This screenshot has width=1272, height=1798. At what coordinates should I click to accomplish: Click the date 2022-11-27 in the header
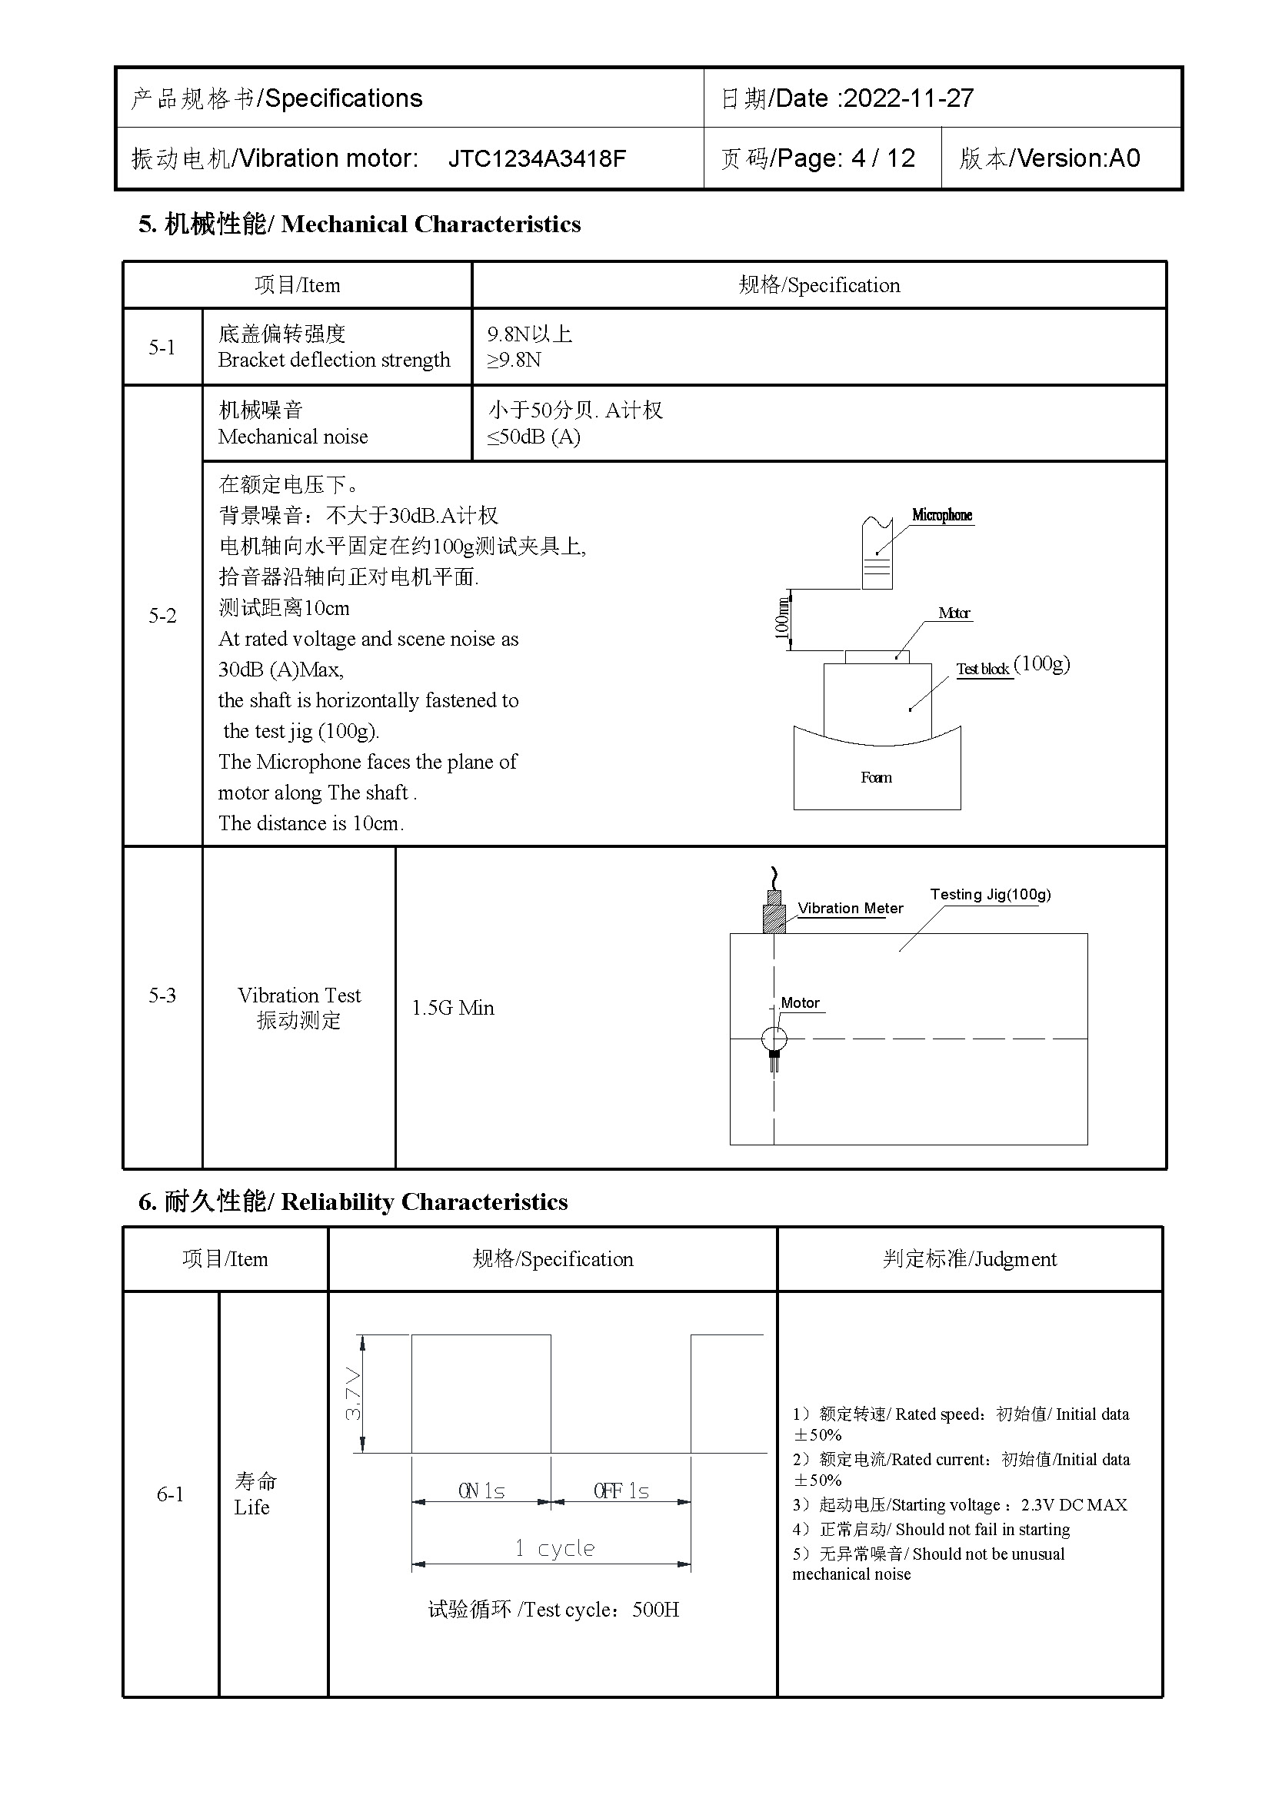coord(908,98)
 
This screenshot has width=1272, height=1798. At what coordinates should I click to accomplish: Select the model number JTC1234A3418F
coord(537,159)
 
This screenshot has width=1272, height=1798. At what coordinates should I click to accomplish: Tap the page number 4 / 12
coord(883,159)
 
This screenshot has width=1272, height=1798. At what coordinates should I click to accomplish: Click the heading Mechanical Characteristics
coord(431,224)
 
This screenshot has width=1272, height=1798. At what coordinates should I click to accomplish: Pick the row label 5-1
coord(162,347)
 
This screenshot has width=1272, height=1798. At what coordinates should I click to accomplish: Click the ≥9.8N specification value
coord(514,361)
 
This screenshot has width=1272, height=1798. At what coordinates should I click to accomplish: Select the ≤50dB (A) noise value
coord(534,437)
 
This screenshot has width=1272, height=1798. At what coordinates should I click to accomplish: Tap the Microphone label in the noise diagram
coord(941,515)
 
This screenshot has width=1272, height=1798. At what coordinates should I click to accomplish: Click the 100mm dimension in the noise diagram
coord(781,619)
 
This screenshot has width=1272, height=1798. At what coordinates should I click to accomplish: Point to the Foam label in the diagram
coord(876,778)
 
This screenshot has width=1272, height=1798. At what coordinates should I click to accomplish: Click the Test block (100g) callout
coord(1012,667)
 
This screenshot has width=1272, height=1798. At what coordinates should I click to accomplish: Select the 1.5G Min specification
coord(453,1008)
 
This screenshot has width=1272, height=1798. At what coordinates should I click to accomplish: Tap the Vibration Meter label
coord(850,909)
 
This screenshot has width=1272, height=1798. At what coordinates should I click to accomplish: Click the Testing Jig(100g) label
coord(990,894)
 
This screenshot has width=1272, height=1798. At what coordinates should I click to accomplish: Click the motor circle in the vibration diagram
coord(774,1039)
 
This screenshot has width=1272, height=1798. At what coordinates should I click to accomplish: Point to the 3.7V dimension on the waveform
coord(353,1394)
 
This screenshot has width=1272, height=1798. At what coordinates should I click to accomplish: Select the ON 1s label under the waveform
coord(481,1491)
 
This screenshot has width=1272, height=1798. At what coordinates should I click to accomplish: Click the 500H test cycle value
coord(655,1610)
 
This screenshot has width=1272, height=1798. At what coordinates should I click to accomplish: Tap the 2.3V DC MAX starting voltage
coord(1074,1505)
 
